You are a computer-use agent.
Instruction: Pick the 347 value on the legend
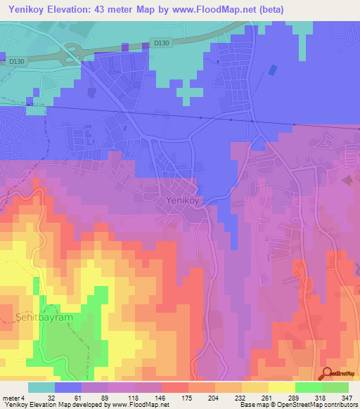[347, 397]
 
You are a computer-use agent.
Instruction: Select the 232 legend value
[238, 397]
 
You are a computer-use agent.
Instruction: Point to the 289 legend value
[292, 397]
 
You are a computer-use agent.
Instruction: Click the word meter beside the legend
[11, 397]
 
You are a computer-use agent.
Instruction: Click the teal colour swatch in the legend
[41, 387]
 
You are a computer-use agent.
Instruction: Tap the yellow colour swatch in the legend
[281, 387]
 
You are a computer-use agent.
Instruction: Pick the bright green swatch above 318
[308, 387]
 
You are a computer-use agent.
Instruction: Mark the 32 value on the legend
[50, 397]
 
